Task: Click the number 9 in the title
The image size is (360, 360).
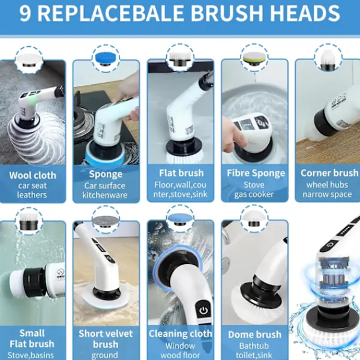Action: click(25, 13)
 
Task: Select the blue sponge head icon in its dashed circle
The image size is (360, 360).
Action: click(106, 58)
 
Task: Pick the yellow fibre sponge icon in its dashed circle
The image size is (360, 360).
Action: click(254, 59)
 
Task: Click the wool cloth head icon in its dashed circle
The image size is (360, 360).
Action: click(29, 60)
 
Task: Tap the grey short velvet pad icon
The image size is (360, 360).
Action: click(106, 221)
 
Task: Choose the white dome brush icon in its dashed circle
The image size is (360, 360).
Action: click(254, 218)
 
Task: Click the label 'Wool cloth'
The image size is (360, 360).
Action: click(32, 175)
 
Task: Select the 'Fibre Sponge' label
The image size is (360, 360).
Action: click(256, 173)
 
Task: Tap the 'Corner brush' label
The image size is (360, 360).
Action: click(329, 173)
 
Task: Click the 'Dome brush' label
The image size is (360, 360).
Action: click(254, 335)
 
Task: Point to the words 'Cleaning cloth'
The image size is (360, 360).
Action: click(181, 334)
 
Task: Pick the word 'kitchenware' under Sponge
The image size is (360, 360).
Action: click(104, 195)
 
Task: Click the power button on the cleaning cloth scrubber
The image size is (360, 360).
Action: click(203, 311)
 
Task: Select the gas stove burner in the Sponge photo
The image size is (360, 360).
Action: click(84, 119)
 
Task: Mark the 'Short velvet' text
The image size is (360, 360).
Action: click(106, 334)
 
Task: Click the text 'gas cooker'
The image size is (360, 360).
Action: click(254, 194)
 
